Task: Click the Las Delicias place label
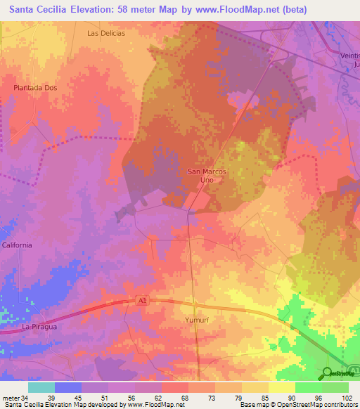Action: pyautogui.click(x=106, y=33)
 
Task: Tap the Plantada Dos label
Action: pyautogui.click(x=34, y=87)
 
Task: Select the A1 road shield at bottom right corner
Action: pyautogui.click(x=355, y=370)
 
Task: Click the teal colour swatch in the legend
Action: pyautogui.click(x=41, y=387)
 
